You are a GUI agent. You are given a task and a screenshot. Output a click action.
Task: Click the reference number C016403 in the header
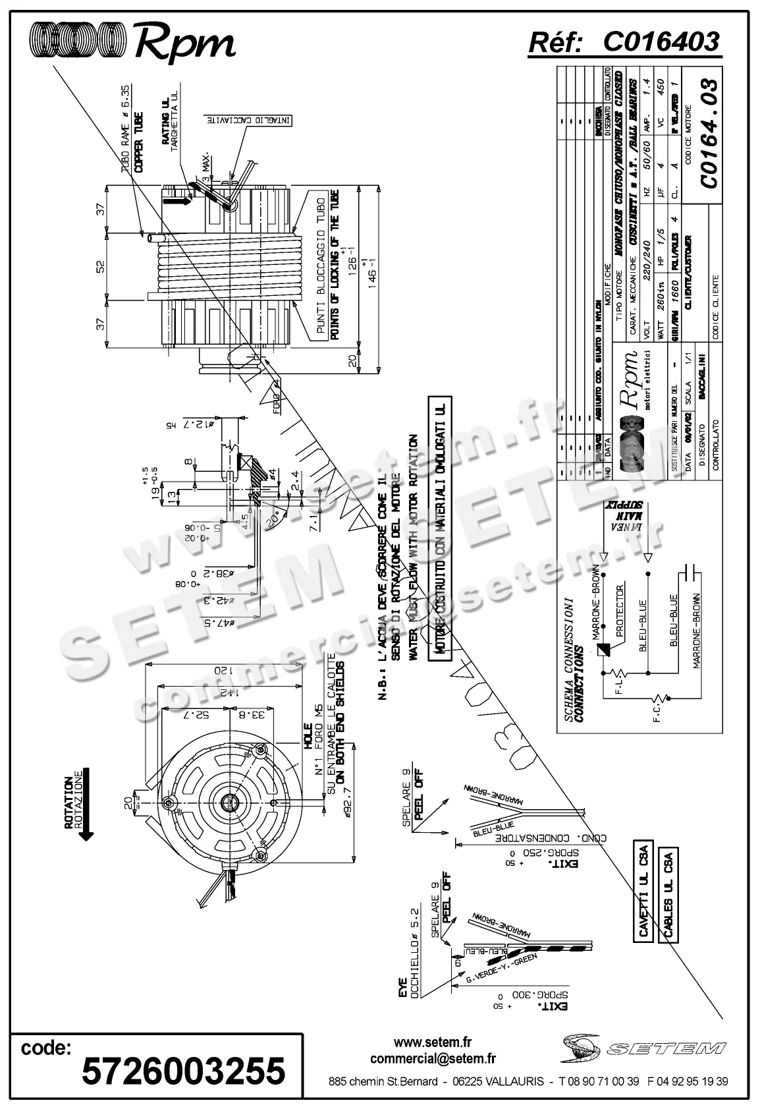click(x=661, y=42)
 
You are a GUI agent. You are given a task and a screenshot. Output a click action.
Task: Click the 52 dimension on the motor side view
click(x=100, y=266)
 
